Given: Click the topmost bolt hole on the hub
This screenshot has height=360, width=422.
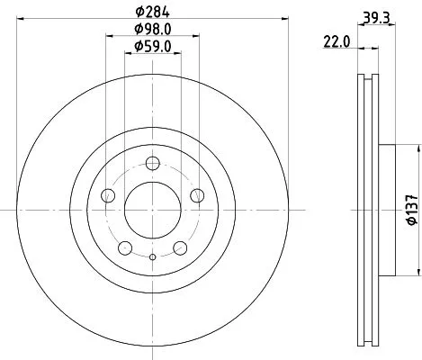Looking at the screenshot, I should point(152,163).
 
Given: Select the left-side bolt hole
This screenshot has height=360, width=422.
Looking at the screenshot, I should point(109,195).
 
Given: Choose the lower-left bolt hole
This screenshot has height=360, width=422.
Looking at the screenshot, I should point(126,247).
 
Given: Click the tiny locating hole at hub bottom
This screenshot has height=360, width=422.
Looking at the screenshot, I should point(152,258).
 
